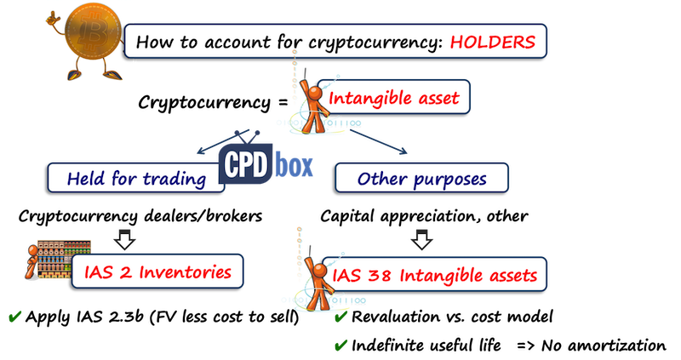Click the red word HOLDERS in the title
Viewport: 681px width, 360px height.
[493, 42]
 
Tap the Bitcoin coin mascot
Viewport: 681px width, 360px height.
[86, 41]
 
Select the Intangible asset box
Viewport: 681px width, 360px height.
[393, 97]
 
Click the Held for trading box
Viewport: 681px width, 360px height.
[136, 178]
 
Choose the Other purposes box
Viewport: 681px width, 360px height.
[421, 178]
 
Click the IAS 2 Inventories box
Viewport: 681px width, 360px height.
[157, 271]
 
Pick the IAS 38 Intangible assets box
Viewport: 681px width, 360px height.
[434, 275]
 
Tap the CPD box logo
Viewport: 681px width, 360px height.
[266, 162]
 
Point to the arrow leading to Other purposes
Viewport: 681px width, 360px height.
[378, 141]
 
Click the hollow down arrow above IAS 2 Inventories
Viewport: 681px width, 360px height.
[124, 239]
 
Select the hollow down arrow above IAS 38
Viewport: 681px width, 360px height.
[421, 239]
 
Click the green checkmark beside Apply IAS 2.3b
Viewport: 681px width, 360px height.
[14, 317]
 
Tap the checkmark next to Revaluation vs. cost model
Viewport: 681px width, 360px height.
[341, 317]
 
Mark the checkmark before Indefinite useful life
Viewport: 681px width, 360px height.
[341, 346]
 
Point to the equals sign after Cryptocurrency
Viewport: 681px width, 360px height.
[283, 102]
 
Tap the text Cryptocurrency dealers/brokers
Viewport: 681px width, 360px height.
[140, 216]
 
